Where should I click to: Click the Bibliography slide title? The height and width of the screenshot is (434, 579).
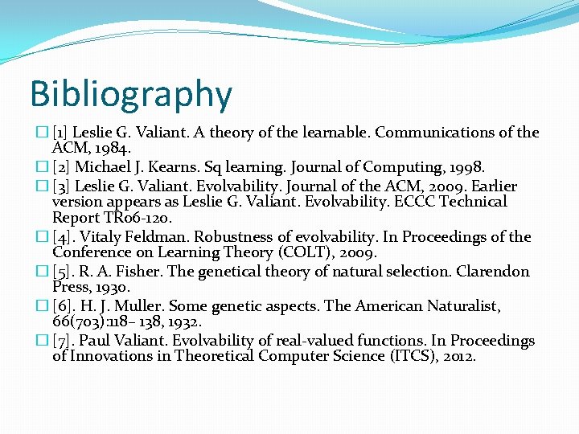pyautogui.click(x=131, y=94)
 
